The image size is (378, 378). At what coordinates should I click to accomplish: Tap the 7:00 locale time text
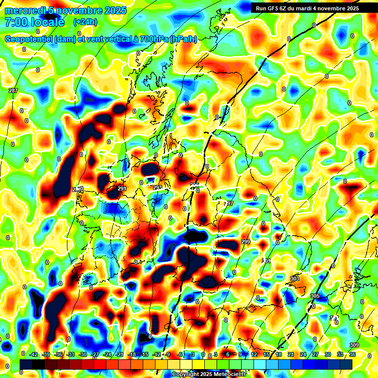pyautogui.click(x=34, y=22)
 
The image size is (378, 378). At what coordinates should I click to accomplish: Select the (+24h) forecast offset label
pyautogui.click(x=85, y=22)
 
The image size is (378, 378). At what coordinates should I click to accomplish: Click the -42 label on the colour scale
pyautogui.click(x=34, y=354)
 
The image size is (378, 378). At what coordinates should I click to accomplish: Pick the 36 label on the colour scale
pyautogui.click(x=352, y=354)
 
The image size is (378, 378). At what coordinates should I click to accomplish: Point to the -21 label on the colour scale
pyautogui.click(x=120, y=354)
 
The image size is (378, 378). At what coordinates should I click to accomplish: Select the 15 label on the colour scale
pyautogui.click(x=266, y=354)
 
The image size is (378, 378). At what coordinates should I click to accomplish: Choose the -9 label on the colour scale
pyautogui.click(x=167, y=354)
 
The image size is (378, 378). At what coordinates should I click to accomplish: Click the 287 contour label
pyautogui.click(x=13, y=91)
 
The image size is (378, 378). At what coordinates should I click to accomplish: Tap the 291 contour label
pyautogui.click(x=123, y=189)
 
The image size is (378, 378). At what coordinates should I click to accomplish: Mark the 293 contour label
pyautogui.click(x=157, y=188)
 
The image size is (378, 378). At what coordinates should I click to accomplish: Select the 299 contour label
pyautogui.click(x=246, y=242)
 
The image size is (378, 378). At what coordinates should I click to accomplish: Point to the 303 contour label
pyautogui.click(x=295, y=279)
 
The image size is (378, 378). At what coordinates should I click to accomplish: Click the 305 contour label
pyautogui.click(x=315, y=296)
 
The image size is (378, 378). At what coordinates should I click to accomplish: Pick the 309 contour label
pyautogui.click(x=354, y=345)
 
